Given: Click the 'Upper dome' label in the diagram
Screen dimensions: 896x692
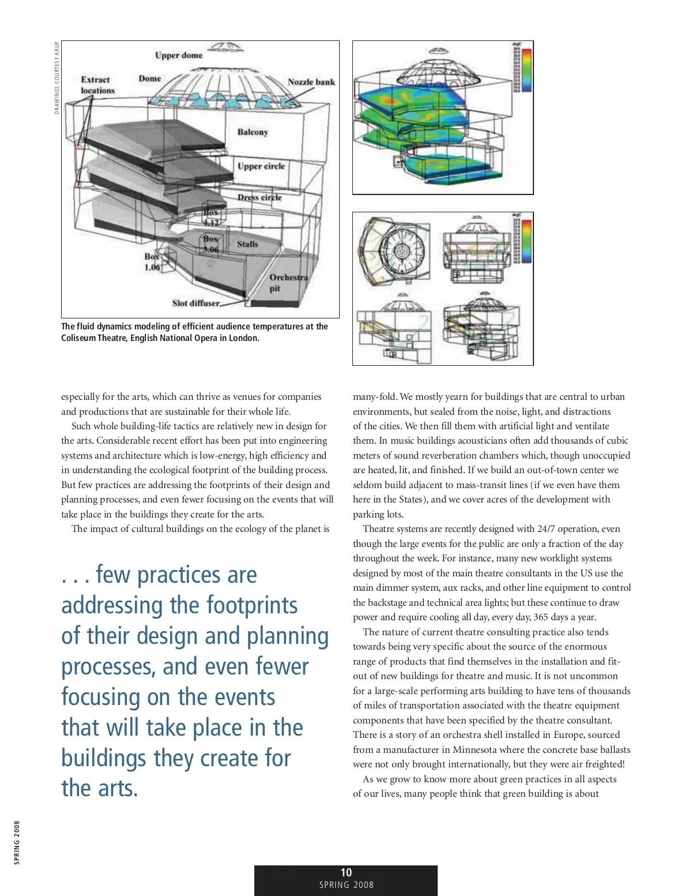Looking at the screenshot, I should (179, 55).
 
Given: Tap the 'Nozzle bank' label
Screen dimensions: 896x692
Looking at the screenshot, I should (311, 82).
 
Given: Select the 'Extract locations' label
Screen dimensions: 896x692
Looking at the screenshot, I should (97, 85).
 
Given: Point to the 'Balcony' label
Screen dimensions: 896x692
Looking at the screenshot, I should (253, 132).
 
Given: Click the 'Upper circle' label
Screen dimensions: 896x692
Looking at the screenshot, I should (261, 166).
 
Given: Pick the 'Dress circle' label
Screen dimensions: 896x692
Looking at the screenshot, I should (259, 197).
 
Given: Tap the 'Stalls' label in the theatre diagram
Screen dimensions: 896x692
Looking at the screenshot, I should (247, 244).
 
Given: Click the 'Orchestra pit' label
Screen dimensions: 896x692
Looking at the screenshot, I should (288, 283).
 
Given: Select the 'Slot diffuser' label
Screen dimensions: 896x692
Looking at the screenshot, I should (196, 303).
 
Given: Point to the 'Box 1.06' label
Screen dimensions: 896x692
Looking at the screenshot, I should (152, 262).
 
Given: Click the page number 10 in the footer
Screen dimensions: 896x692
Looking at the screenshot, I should (346, 873).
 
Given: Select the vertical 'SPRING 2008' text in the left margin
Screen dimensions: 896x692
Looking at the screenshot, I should (17, 842).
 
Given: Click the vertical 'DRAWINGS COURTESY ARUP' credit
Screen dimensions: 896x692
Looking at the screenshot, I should (57, 78).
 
